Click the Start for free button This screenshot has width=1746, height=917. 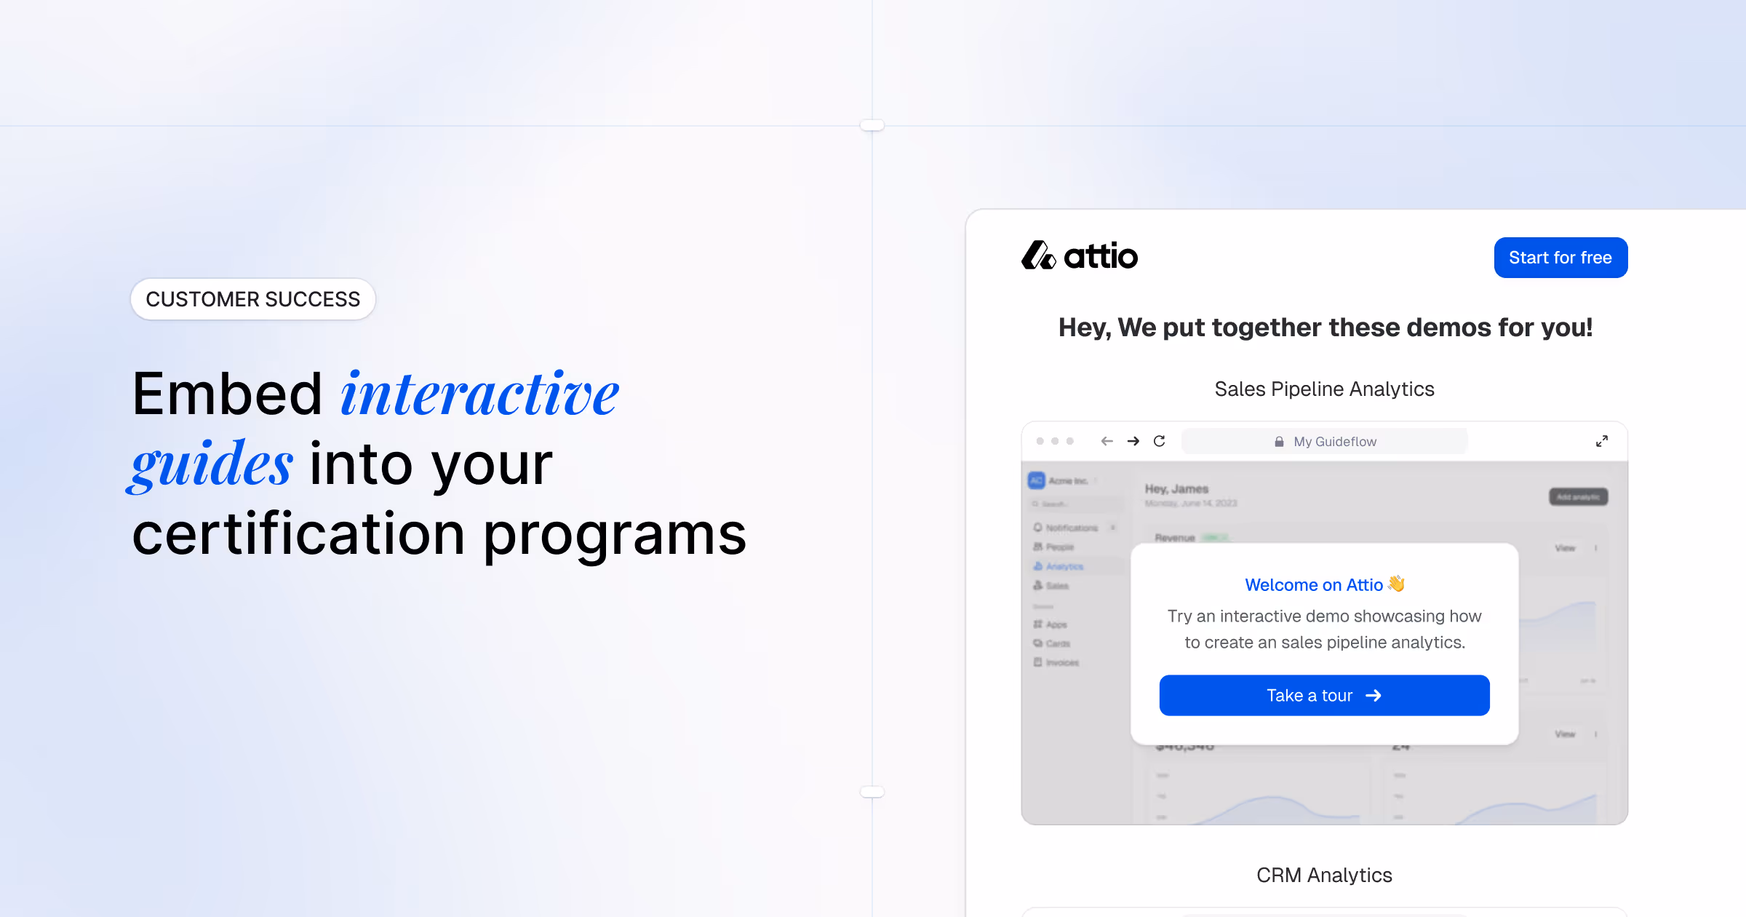[x=1560, y=258]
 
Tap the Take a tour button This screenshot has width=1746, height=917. [x=1324, y=696]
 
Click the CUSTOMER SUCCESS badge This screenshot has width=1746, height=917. [x=253, y=299]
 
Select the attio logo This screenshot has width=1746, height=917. [x=1080, y=256]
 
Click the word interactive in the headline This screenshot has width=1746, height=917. [x=480, y=394]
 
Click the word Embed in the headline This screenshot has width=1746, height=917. [x=227, y=394]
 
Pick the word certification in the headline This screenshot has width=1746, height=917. [x=298, y=534]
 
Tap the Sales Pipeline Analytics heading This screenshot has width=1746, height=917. [x=1324, y=389]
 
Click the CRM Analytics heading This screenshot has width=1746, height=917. [x=1324, y=875]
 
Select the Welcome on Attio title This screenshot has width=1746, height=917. [x=1314, y=585]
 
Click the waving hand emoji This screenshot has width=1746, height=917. [x=1396, y=584]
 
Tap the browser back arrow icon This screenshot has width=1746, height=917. [x=1107, y=441]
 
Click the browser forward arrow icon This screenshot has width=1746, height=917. [x=1133, y=441]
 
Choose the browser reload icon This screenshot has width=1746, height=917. [x=1160, y=441]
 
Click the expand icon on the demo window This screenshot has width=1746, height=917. [x=1602, y=441]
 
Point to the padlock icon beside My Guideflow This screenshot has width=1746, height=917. [x=1279, y=442]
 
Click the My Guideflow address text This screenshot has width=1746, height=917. [x=1335, y=442]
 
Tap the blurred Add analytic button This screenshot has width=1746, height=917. [x=1578, y=497]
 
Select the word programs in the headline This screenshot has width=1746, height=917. [x=615, y=534]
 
